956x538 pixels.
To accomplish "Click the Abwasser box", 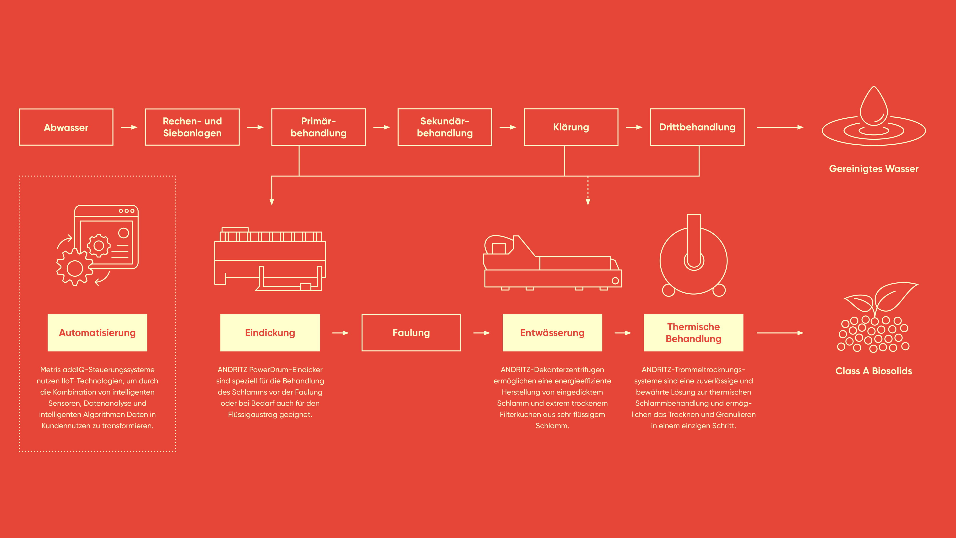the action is click(66, 127).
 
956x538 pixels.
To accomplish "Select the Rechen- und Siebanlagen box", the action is click(192, 127).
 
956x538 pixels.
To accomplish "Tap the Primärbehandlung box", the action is click(318, 127).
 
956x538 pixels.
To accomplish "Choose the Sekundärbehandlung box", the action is click(445, 127).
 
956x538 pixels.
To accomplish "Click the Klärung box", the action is click(571, 127).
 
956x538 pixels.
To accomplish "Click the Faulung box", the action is click(411, 333).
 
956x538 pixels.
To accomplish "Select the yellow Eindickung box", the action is click(270, 333).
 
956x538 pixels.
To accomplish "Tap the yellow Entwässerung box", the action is click(552, 333).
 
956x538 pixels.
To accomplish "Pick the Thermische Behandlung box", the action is click(694, 333).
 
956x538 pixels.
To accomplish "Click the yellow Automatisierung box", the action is click(97, 333).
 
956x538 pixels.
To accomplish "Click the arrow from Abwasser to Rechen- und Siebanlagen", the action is click(129, 127).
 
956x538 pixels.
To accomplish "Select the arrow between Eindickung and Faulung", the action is click(341, 333).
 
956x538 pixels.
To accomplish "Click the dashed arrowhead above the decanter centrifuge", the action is click(588, 202).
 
